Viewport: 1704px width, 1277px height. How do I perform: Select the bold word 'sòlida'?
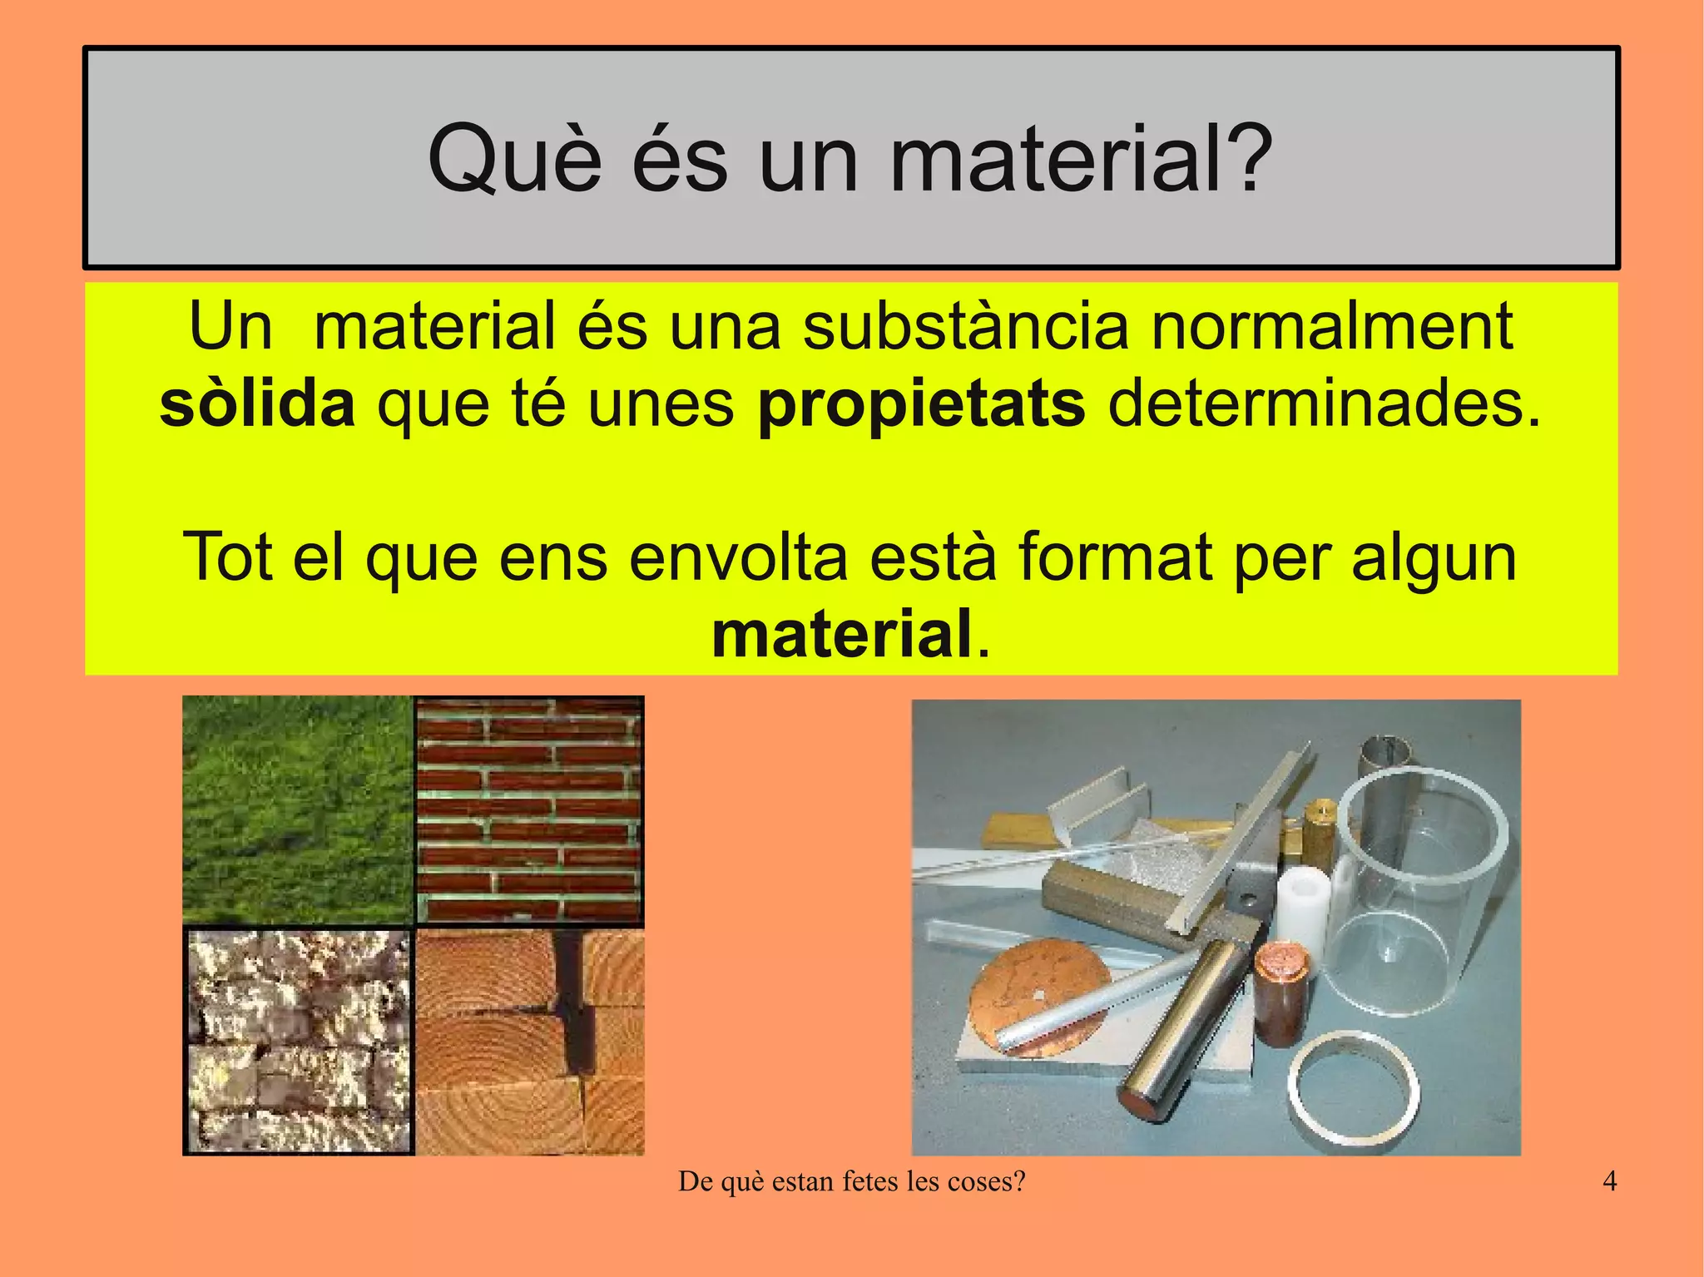coord(257,405)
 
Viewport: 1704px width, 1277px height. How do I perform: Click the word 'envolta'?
coord(738,557)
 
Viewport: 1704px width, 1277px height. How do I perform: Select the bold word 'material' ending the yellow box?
coord(841,634)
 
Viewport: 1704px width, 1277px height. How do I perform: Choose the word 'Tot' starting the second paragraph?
coord(227,557)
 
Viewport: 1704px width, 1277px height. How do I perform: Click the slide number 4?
coord(1609,1181)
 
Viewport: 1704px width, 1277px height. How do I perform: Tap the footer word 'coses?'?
coord(989,1181)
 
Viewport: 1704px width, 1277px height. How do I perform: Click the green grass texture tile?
coord(297,809)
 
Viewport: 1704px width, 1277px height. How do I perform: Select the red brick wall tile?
coord(529,809)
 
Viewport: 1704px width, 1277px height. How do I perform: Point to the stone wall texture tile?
coord(298,1041)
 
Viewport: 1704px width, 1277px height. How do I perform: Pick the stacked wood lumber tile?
coord(530,1041)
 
